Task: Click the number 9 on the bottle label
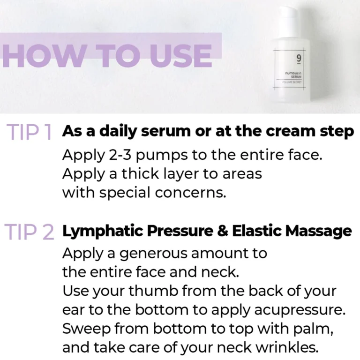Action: tap(299, 58)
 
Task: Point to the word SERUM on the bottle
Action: tap(296, 77)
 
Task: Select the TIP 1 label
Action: tap(29, 132)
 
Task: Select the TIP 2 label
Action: tap(30, 232)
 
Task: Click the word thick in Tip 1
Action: tap(140, 173)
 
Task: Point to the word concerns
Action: tap(191, 193)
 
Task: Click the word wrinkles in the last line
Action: tap(287, 347)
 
